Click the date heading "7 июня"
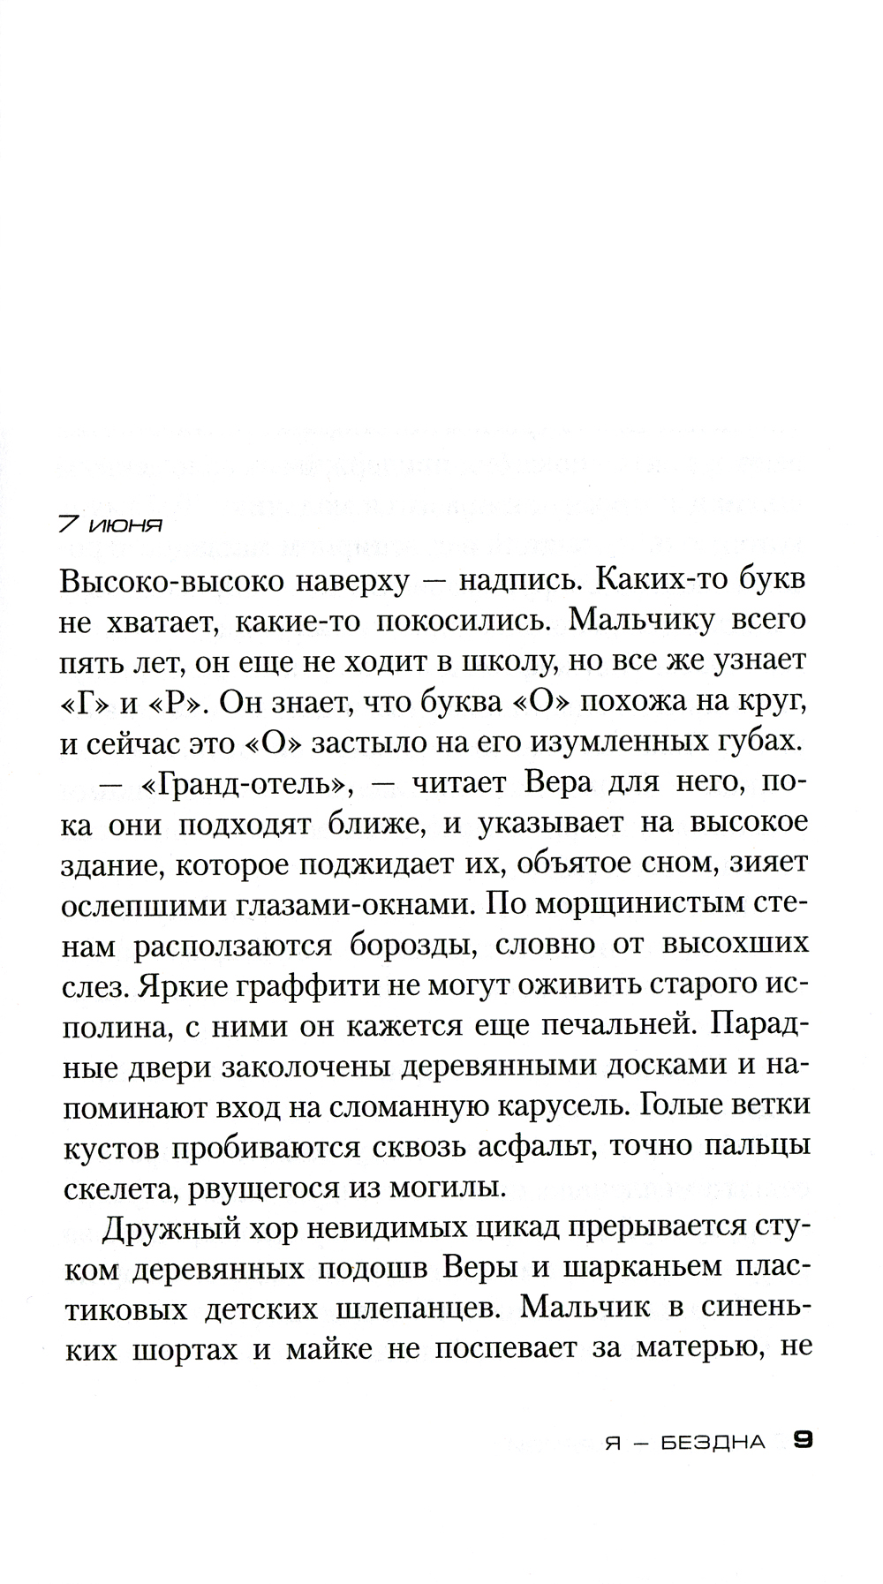110,525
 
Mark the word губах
758,742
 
